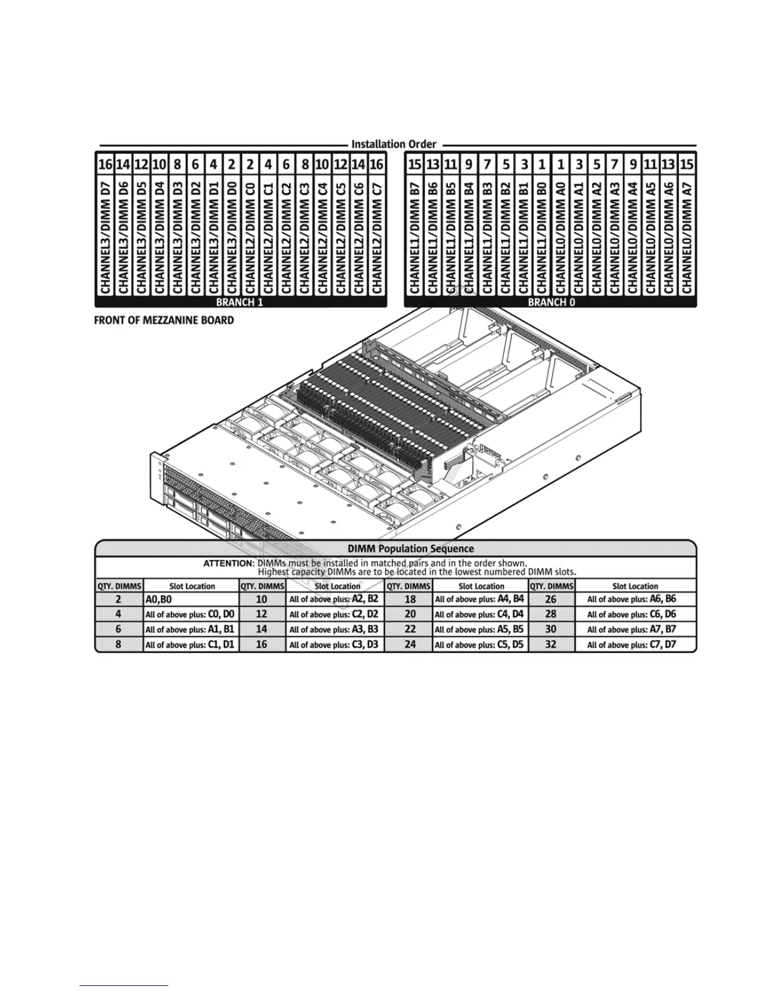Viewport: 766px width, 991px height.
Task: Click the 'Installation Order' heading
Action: pos(394,144)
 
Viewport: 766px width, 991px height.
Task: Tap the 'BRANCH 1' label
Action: pos(240,302)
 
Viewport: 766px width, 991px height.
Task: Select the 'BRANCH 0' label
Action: pos(551,302)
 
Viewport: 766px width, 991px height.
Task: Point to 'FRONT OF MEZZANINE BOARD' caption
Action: pos(164,320)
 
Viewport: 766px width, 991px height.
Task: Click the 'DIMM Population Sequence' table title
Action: pos(411,549)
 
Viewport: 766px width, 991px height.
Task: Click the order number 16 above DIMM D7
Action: pos(105,165)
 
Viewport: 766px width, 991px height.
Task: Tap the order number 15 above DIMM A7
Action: pos(687,165)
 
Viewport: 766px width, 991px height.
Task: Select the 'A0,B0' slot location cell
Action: pos(191,599)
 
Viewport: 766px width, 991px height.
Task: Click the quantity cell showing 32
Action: pos(551,644)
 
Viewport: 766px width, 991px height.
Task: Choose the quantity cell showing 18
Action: pos(410,599)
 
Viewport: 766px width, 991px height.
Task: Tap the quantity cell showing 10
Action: pos(262,599)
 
